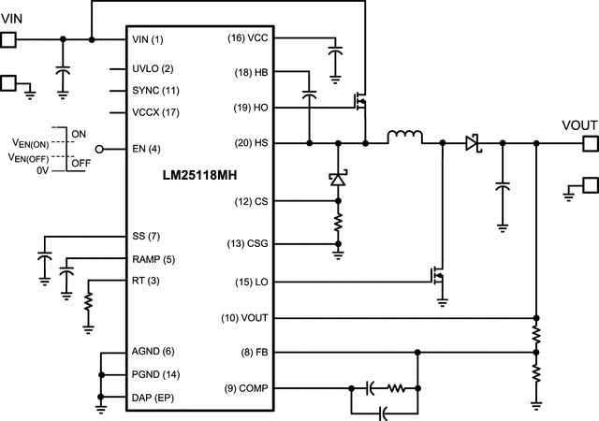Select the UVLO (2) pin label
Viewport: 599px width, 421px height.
153,69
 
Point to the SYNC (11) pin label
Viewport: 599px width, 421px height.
156,91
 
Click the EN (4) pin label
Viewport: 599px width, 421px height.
147,149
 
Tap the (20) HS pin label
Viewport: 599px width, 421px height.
250,143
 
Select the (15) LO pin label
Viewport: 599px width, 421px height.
250,282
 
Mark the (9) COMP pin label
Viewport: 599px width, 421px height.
244,387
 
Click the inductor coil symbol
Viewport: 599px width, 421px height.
404,139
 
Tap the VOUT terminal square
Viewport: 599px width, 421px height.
590,143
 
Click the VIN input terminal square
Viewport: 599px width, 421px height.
8,39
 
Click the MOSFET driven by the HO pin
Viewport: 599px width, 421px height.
358,100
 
